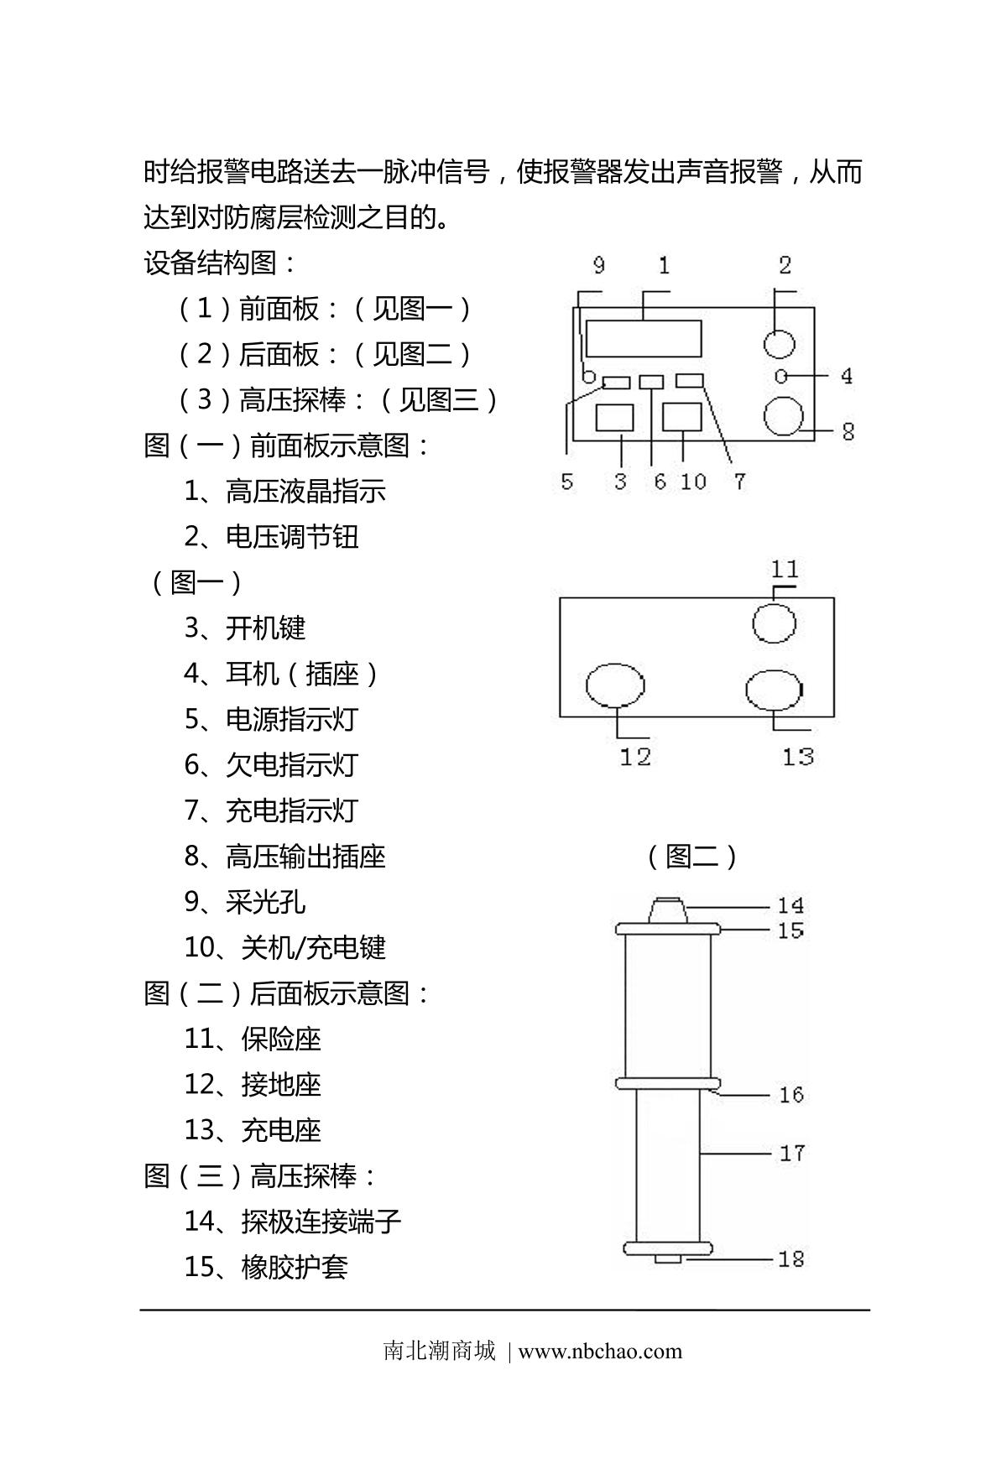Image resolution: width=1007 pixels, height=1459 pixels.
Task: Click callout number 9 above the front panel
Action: (x=598, y=266)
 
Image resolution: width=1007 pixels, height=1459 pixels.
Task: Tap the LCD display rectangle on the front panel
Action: (x=644, y=339)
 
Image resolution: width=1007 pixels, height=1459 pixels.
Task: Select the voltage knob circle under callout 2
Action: (x=780, y=342)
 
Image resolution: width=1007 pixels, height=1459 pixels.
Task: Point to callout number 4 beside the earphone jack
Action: (x=847, y=376)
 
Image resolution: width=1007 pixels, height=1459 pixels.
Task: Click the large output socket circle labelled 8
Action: (x=784, y=417)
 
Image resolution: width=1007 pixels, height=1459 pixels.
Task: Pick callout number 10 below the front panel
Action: (x=693, y=482)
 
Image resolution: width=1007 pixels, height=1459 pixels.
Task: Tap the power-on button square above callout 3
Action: (x=614, y=418)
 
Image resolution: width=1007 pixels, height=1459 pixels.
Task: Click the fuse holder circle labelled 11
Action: (x=774, y=623)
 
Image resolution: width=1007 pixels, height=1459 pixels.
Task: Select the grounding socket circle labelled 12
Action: (x=615, y=685)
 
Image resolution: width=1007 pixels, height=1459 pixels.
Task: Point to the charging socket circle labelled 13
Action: (x=774, y=690)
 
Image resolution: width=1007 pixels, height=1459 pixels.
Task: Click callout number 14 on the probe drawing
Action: (x=790, y=905)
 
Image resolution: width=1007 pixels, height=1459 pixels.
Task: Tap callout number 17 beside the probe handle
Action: (x=792, y=1153)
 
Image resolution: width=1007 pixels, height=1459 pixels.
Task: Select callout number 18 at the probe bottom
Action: (x=791, y=1258)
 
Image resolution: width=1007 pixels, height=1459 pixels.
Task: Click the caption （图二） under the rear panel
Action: (x=692, y=857)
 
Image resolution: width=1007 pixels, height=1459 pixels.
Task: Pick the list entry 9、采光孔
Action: (x=244, y=902)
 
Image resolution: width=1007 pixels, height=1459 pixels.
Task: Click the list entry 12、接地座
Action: (x=252, y=1084)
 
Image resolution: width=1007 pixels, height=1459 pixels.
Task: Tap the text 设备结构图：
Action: (x=221, y=263)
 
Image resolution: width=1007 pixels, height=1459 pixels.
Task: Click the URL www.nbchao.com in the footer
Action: (x=600, y=1351)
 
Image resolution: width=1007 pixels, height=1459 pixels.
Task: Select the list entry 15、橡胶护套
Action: (x=265, y=1266)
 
